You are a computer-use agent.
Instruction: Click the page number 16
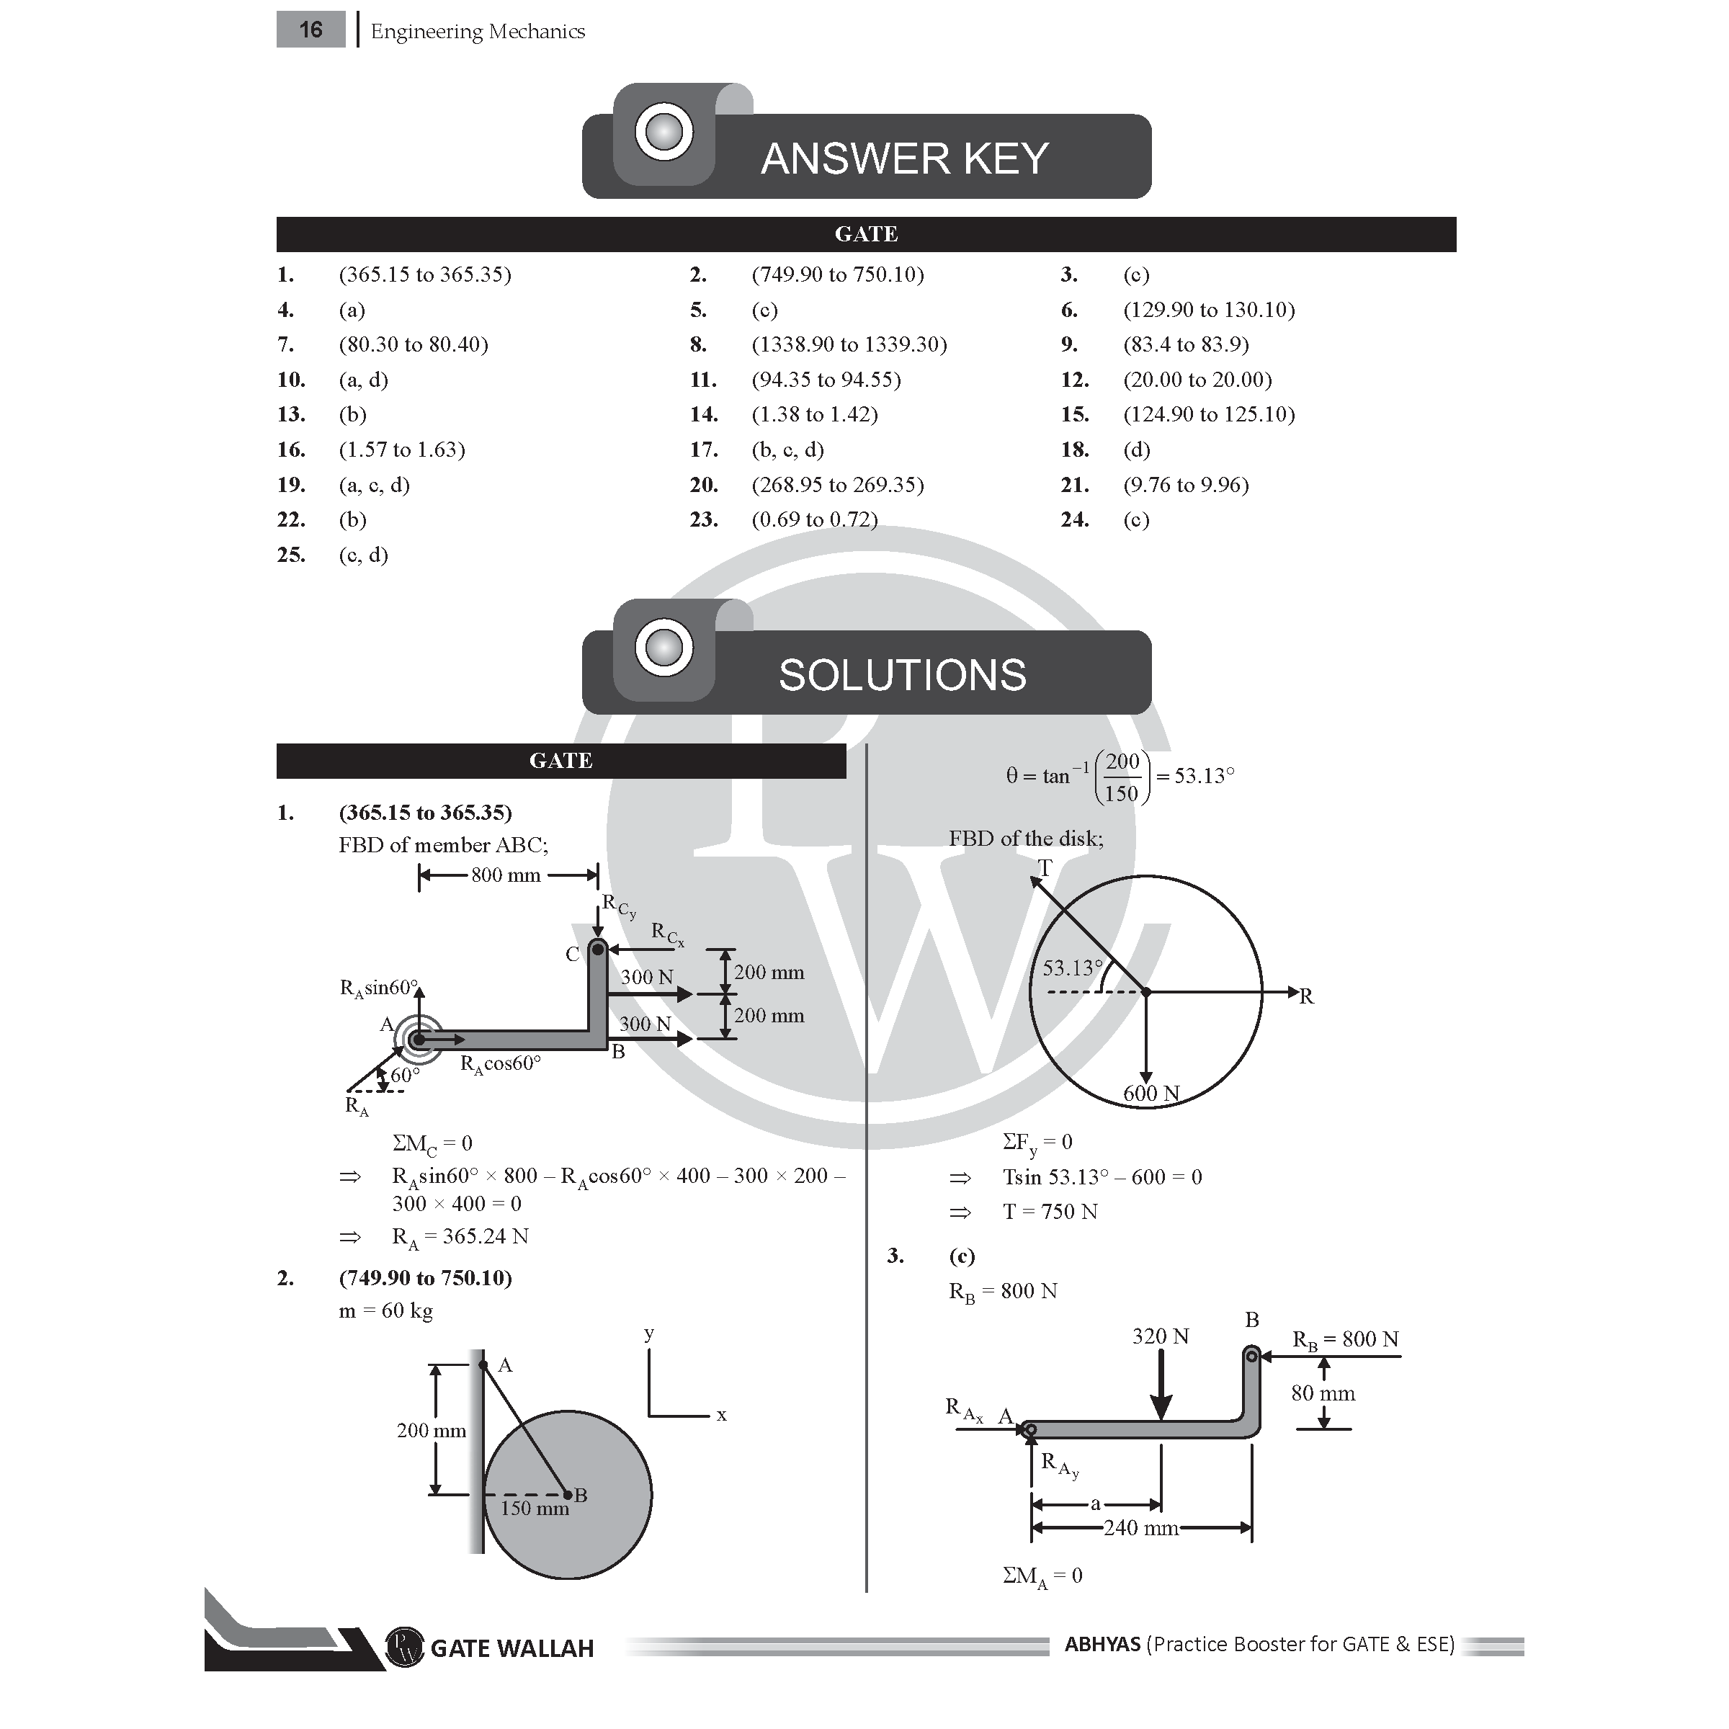pyautogui.click(x=310, y=30)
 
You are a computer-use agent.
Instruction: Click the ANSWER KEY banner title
pyautogui.click(x=904, y=158)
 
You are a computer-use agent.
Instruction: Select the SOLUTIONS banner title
pyautogui.click(x=902, y=675)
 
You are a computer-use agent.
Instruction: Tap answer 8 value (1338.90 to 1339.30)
pyautogui.click(x=849, y=344)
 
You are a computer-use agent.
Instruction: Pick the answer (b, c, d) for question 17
pyautogui.click(x=787, y=450)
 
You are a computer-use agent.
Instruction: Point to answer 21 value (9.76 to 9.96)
pyautogui.click(x=1186, y=484)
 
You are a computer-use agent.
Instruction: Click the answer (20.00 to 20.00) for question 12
pyautogui.click(x=1197, y=380)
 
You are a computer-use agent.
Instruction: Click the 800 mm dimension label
pyautogui.click(x=506, y=875)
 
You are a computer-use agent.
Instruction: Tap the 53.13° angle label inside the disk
pyautogui.click(x=1072, y=968)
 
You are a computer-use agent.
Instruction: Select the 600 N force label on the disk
pyautogui.click(x=1151, y=1093)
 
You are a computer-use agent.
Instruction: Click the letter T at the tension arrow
pyautogui.click(x=1045, y=867)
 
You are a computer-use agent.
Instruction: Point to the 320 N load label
pyautogui.click(x=1160, y=1336)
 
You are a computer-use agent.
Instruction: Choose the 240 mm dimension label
pyautogui.click(x=1140, y=1527)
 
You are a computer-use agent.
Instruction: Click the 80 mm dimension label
pyautogui.click(x=1323, y=1393)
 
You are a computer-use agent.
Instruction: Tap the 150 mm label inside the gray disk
pyautogui.click(x=535, y=1508)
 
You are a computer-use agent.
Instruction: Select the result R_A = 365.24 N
pyautogui.click(x=460, y=1237)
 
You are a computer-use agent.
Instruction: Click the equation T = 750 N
pyautogui.click(x=1050, y=1212)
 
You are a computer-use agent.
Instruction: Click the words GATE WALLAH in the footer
pyautogui.click(x=512, y=1648)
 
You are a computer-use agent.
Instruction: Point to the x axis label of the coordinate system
pyautogui.click(x=721, y=1415)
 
